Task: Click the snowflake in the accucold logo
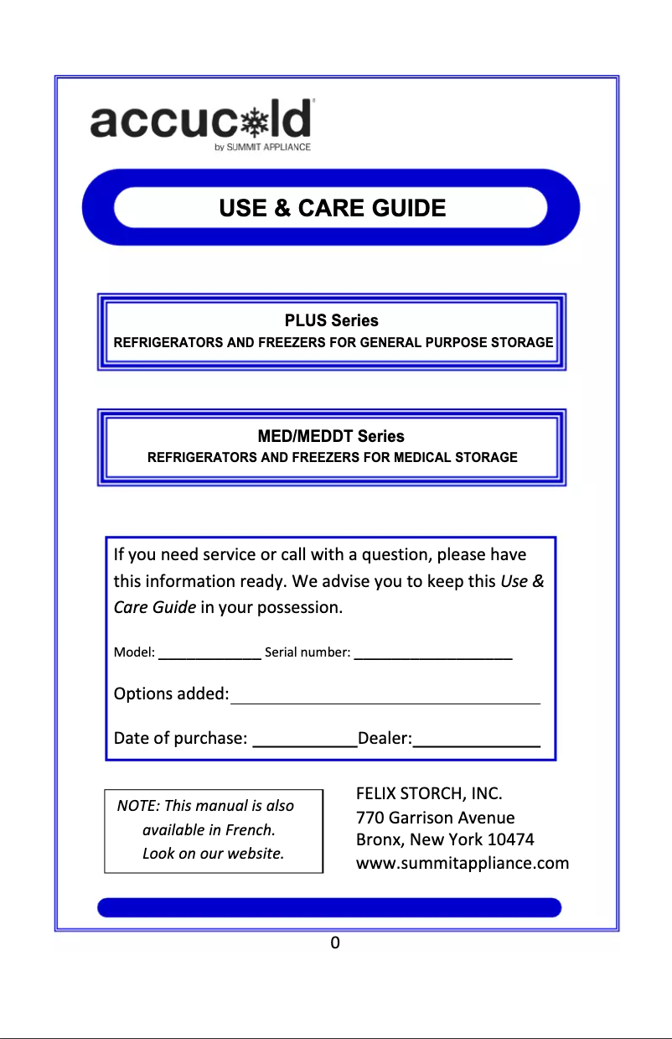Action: point(251,122)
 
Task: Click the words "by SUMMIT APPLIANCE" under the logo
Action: point(263,148)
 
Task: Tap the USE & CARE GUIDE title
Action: point(332,208)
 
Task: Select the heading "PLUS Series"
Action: point(332,320)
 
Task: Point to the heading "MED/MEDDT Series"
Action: point(332,436)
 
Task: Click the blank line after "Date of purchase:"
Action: point(304,741)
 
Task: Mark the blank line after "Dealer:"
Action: point(477,741)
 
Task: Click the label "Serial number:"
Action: point(307,652)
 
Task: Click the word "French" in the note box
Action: point(249,830)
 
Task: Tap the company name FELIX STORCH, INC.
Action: point(429,793)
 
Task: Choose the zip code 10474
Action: point(511,839)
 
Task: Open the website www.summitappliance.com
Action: point(463,863)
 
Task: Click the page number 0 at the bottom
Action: point(335,943)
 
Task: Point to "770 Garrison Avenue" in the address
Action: point(436,817)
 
